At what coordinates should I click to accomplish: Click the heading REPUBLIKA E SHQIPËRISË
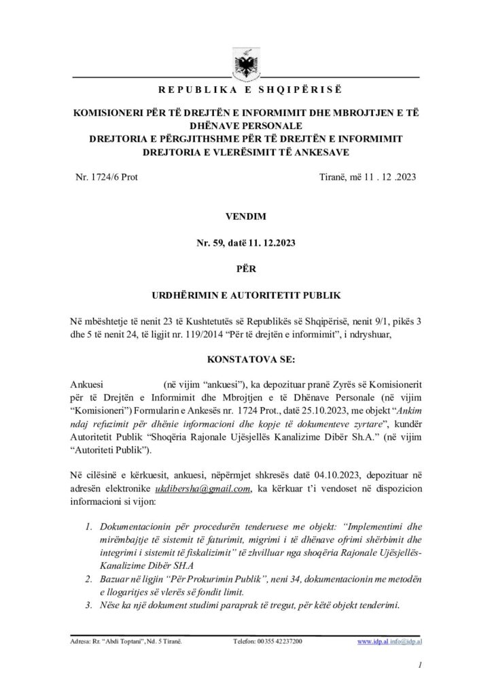tap(245, 91)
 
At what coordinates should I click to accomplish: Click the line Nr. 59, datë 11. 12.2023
tap(245, 243)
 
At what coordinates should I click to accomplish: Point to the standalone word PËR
tap(245, 269)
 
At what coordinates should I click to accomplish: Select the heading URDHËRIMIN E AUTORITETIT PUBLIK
tap(245, 295)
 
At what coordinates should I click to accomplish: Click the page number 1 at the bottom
tap(421, 669)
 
